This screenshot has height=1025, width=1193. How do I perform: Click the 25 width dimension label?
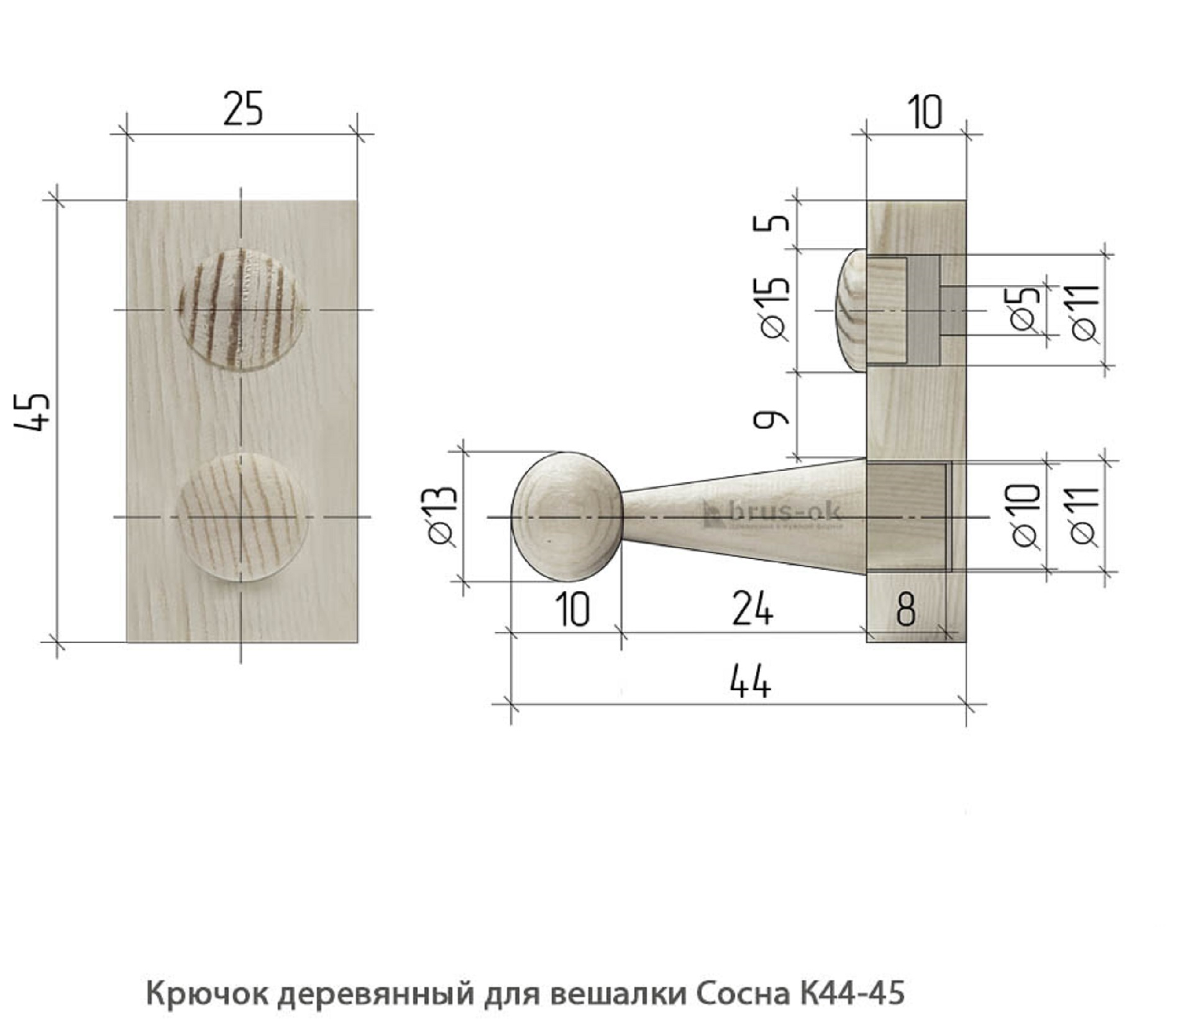click(243, 109)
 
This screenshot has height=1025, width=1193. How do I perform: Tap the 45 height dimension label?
click(31, 411)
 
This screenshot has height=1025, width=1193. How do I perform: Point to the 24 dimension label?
click(753, 609)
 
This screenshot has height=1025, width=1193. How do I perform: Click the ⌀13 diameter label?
click(442, 516)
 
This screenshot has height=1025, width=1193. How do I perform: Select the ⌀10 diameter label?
click(1026, 515)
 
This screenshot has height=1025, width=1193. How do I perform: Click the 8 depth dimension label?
click(906, 610)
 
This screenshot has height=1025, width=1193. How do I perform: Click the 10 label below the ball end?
click(572, 610)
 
